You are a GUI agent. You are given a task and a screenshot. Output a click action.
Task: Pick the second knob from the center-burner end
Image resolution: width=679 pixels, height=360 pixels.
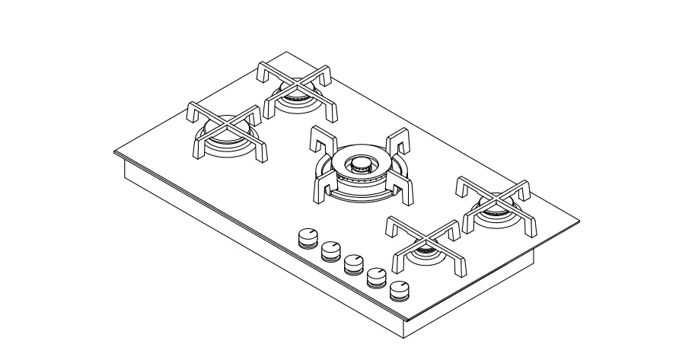[330, 250]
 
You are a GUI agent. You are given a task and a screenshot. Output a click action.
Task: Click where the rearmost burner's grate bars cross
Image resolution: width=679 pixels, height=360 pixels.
[295, 84]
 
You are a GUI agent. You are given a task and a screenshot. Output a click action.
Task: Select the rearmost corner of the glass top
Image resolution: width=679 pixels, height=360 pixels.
[286, 52]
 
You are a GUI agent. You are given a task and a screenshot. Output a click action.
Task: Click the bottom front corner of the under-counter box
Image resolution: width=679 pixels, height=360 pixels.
[402, 336]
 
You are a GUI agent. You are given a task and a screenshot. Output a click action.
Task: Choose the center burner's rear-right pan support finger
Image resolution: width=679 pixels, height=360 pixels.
[399, 145]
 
